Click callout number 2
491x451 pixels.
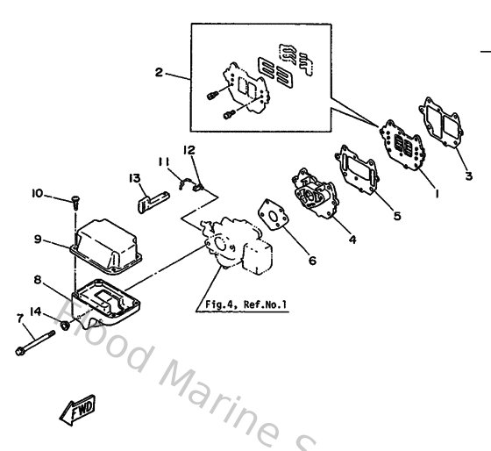[158, 73]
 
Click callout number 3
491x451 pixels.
[468, 175]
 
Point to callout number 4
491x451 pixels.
[352, 239]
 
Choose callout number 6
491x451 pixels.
[312, 261]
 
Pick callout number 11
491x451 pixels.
[163, 161]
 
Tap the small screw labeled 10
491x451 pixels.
[75, 203]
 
